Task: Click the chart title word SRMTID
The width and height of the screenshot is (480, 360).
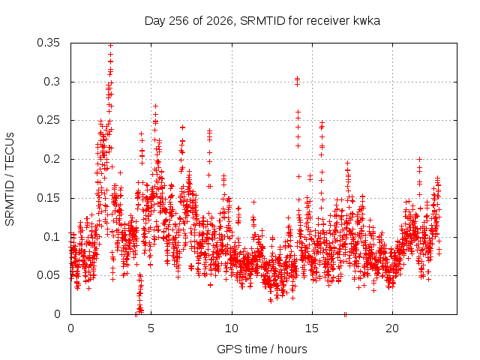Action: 262,21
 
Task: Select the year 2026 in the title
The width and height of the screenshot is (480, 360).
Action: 220,21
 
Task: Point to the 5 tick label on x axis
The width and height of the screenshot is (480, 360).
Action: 151,328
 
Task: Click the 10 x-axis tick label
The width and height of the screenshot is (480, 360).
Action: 232,328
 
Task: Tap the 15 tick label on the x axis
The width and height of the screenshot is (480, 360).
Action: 312,328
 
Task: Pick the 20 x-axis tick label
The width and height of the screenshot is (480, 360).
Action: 392,328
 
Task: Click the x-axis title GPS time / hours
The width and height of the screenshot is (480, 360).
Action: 262,349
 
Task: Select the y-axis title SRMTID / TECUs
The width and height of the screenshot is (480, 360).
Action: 10,179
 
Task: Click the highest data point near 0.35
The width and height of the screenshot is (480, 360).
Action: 111,45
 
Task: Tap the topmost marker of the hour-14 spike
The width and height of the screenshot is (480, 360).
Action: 297,78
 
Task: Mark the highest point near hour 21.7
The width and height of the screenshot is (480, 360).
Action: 420,159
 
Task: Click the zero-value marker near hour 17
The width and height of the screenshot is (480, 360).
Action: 345,314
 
